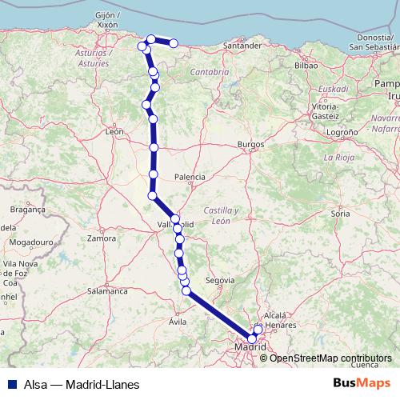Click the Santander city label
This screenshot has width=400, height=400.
[243, 46]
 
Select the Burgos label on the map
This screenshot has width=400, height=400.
[250, 145]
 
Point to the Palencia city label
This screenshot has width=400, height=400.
[190, 177]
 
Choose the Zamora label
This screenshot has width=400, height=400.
[103, 238]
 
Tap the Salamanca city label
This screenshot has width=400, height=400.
[107, 291]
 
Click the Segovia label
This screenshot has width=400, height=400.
[220, 281]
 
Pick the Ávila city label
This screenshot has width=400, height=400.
[178, 322]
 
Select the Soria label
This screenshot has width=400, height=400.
[341, 214]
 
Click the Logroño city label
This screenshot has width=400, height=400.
[342, 131]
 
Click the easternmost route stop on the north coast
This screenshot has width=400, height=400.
[173, 43]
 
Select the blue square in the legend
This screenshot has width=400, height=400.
[8, 384]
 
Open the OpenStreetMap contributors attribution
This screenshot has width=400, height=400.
[330, 358]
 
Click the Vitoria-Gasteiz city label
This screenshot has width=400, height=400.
[324, 110]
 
